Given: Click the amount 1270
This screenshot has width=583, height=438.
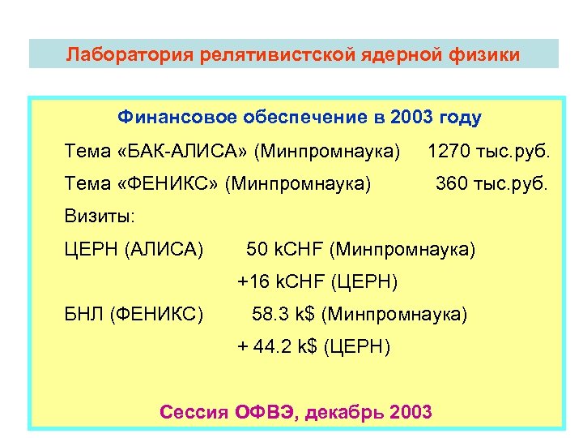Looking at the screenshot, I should coord(448,151).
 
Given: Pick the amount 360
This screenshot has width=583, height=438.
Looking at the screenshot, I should coord(452,184).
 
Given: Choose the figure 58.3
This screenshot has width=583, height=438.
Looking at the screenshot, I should coord(269,314).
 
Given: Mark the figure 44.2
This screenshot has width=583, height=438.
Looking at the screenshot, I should coord(272,347).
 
